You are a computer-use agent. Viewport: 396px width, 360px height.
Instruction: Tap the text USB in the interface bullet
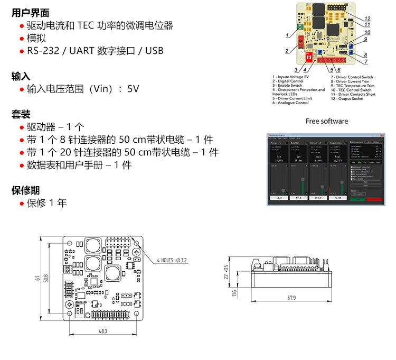[x=154, y=51]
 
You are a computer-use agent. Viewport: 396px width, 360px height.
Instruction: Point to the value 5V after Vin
[x=133, y=89]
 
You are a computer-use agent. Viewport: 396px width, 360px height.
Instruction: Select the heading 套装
[x=21, y=114]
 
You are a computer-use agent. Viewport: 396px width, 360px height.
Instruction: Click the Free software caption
[x=327, y=121]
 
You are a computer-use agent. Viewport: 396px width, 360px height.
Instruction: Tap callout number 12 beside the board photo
[x=367, y=19]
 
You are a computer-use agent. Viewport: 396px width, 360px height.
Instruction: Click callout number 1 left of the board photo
[x=287, y=35]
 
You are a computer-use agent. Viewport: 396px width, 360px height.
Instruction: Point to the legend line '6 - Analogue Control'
[x=290, y=103]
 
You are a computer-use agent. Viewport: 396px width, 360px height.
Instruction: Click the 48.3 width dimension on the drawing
[x=103, y=331]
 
